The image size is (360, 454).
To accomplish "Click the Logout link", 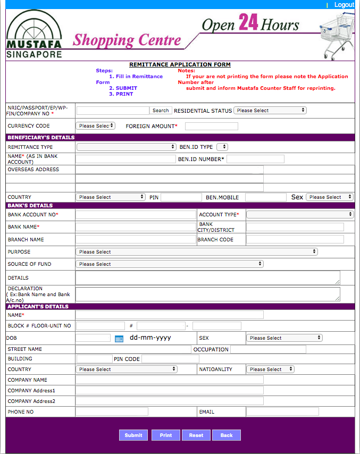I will click(344, 5).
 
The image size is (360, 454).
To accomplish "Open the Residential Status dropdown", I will click(270, 111).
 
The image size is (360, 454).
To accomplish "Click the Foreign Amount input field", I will click(211, 126).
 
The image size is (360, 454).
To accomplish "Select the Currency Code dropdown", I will click(96, 126).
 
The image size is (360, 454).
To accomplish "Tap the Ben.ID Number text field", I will click(255, 159).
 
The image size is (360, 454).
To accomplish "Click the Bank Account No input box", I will click(136, 215).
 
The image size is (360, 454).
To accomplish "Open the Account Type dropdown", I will click(300, 215).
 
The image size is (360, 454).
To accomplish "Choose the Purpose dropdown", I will click(197, 252).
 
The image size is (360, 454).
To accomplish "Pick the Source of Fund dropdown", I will click(170, 264).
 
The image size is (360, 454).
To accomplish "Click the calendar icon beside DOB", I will click(119, 339).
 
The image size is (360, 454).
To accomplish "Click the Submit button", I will click(133, 435).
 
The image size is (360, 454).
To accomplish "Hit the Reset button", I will click(196, 435).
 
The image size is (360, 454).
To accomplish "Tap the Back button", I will click(227, 435).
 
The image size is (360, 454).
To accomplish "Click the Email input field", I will click(282, 412).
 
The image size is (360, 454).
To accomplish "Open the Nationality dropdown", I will click(270, 369).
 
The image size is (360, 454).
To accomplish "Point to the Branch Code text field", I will click(295, 240).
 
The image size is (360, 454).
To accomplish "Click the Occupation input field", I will click(268, 350).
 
